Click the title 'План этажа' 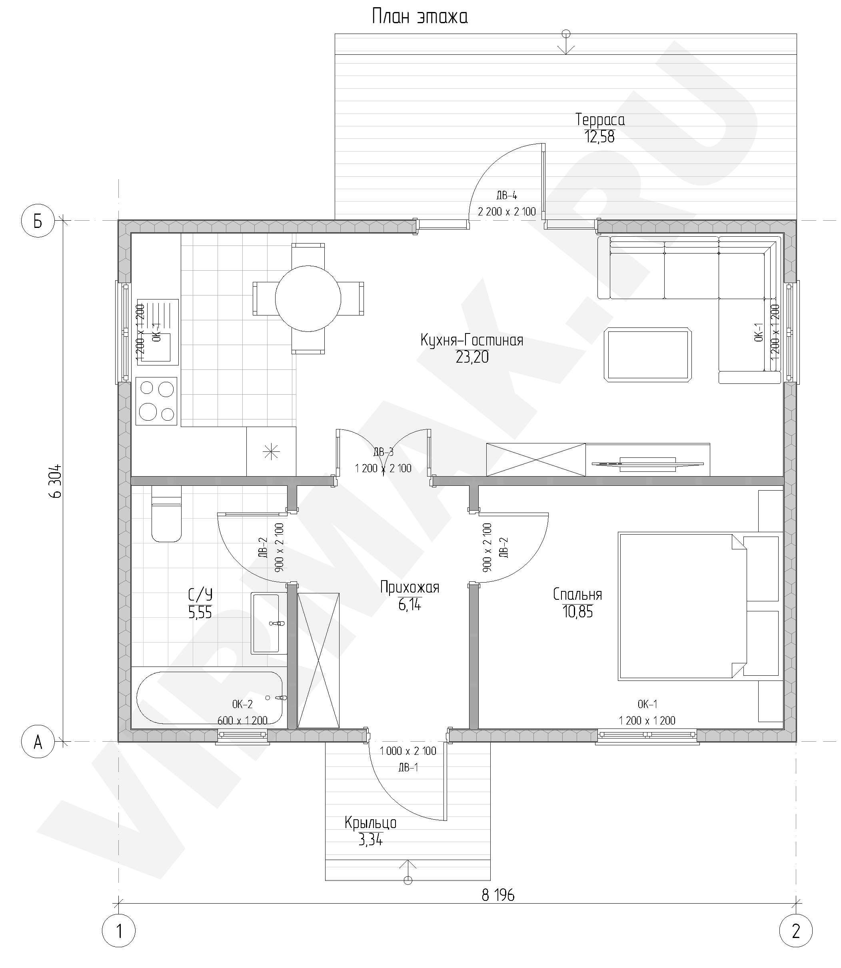tap(420, 17)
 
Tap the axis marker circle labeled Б tap(38, 221)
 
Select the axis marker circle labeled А tap(38, 742)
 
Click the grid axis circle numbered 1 tap(119, 931)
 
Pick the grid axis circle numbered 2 tap(796, 931)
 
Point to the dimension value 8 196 tap(498, 896)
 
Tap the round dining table tap(308, 298)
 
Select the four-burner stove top tap(157, 401)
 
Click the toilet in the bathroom tap(166, 514)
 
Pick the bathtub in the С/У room tap(209, 698)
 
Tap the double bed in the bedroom tap(683, 606)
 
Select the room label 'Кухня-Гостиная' tap(471, 340)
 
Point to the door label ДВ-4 tap(506, 195)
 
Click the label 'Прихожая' tap(410, 587)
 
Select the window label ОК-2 tap(242, 704)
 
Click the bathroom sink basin tap(269, 623)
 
